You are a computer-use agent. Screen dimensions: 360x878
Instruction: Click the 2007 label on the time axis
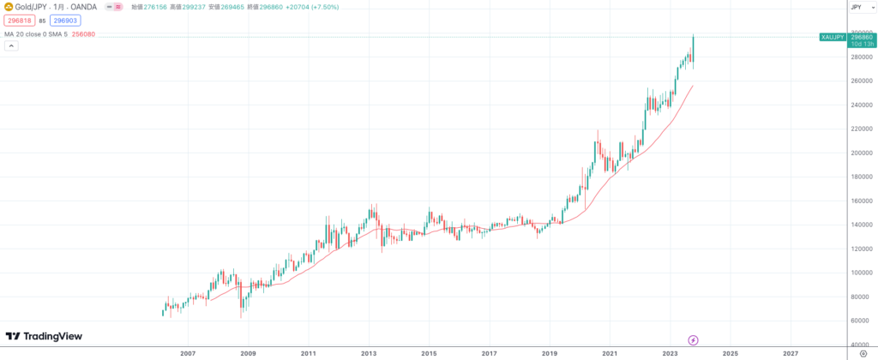pyautogui.click(x=188, y=352)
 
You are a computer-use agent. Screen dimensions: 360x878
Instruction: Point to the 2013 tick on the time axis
pyautogui.click(x=369, y=352)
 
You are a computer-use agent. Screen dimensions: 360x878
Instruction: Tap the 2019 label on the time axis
pyautogui.click(x=550, y=352)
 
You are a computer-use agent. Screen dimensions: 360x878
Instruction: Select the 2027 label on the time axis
pyautogui.click(x=791, y=352)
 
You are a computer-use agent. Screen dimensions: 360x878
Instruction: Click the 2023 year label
pyautogui.click(x=671, y=352)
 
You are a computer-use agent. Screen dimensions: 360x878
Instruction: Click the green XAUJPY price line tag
pyautogui.click(x=833, y=37)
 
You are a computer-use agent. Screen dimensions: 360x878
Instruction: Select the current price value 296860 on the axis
pyautogui.click(x=862, y=37)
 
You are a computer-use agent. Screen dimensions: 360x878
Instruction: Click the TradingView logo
pyautogui.click(x=44, y=337)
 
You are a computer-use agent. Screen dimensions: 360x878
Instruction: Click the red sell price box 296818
pyautogui.click(x=20, y=20)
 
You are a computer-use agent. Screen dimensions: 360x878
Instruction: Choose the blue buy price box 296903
pyautogui.click(x=65, y=20)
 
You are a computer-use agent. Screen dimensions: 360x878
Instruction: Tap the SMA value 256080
pyautogui.click(x=84, y=34)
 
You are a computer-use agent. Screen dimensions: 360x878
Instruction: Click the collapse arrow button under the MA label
pyautogui.click(x=11, y=45)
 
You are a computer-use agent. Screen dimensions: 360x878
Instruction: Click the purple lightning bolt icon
pyautogui.click(x=693, y=340)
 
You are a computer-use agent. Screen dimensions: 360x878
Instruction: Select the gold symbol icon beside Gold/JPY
pyautogui.click(x=8, y=7)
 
